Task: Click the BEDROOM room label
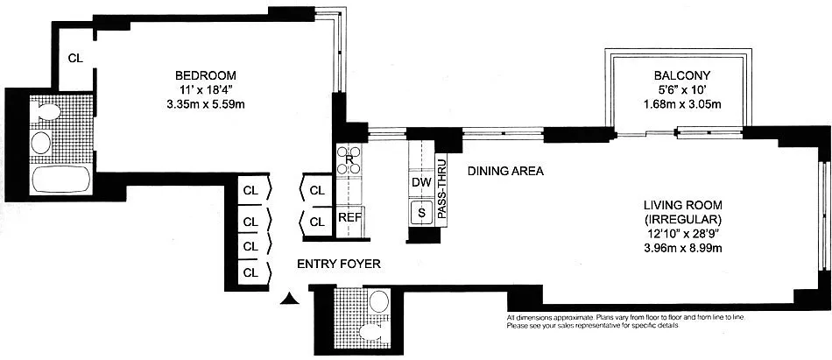pos(206,74)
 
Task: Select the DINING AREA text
pos(505,172)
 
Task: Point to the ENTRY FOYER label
pos(339,264)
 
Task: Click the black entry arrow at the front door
pos(289,299)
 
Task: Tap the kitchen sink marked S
pos(422,214)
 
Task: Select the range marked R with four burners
pos(349,159)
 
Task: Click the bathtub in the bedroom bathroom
pos(61,180)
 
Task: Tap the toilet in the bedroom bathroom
pos(45,112)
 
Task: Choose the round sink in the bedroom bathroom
pos(41,142)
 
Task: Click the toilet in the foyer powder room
pos(371,332)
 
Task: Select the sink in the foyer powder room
pos(378,301)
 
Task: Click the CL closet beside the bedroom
pos(75,59)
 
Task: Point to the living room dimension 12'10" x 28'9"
pos(682,233)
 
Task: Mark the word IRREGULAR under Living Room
pos(682,219)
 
